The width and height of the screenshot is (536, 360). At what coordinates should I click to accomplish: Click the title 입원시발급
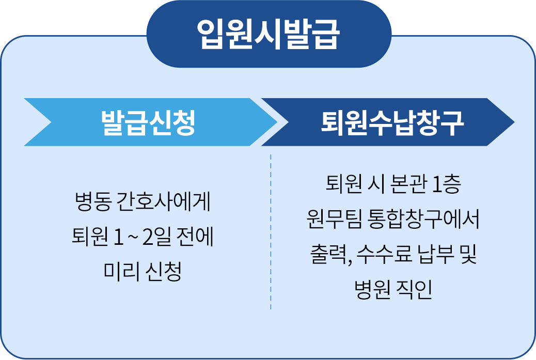(269, 35)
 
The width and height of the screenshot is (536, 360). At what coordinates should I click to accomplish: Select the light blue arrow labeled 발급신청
(148, 122)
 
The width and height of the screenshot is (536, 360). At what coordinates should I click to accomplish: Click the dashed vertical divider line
(271, 232)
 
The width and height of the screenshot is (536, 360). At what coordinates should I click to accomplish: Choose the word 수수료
(385, 255)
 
